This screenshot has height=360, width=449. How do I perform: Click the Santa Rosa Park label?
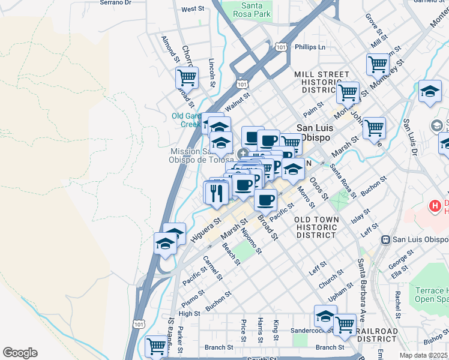(x=246, y=10)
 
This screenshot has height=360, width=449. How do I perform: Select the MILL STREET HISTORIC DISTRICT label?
(x=321, y=82)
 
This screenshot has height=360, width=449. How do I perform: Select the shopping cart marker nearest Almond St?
(x=187, y=77)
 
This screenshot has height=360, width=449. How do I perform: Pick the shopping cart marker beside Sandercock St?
(x=345, y=325)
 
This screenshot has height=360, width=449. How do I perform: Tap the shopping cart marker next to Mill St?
(x=378, y=63)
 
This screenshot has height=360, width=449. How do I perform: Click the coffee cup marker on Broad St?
(x=265, y=199)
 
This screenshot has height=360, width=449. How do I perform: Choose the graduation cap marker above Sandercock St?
(x=325, y=315)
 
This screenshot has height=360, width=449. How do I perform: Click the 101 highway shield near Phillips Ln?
(x=280, y=46)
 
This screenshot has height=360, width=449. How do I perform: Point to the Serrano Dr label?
(x=115, y=2)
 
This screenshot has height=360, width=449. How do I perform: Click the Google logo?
(x=20, y=353)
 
